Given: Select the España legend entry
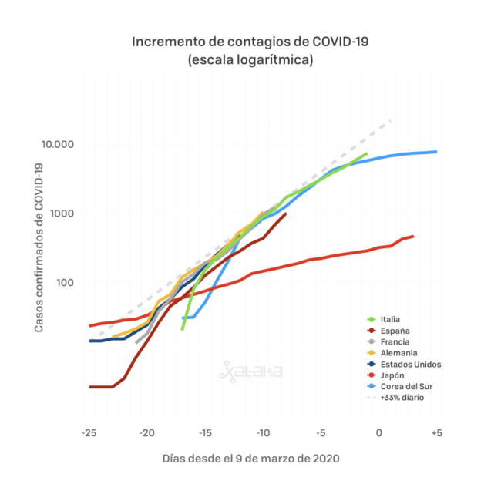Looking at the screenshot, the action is pyautogui.click(x=388, y=331).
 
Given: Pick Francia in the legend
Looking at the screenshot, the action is pyautogui.click(x=388, y=342).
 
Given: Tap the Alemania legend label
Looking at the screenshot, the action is pyautogui.click(x=392, y=353).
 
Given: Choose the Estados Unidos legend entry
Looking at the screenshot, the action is pyautogui.click(x=404, y=365).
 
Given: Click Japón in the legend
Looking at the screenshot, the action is pyautogui.click(x=385, y=375).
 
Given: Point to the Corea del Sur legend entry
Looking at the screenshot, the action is pyautogui.click(x=400, y=387).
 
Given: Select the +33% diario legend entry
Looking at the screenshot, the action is pyautogui.click(x=395, y=398).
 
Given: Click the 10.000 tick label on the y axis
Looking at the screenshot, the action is pyautogui.click(x=58, y=144).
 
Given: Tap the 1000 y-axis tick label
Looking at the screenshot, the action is pyautogui.click(x=62, y=213).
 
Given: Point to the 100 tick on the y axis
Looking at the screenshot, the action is pyautogui.click(x=66, y=282).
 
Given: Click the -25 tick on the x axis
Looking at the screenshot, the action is pyautogui.click(x=89, y=433).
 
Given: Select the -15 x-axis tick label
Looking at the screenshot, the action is pyautogui.click(x=205, y=433).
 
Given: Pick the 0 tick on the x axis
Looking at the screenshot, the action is pyautogui.click(x=379, y=433).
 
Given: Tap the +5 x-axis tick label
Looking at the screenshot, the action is pyautogui.click(x=437, y=433).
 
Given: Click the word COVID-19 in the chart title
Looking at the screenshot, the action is pyautogui.click(x=341, y=42).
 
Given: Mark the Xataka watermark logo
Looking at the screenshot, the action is pyautogui.click(x=250, y=372).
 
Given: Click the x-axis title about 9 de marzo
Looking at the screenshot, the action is pyautogui.click(x=250, y=459).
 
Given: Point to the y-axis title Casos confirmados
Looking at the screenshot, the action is pyautogui.click(x=39, y=248).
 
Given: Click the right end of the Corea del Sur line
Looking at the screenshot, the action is pyautogui.click(x=436, y=152).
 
